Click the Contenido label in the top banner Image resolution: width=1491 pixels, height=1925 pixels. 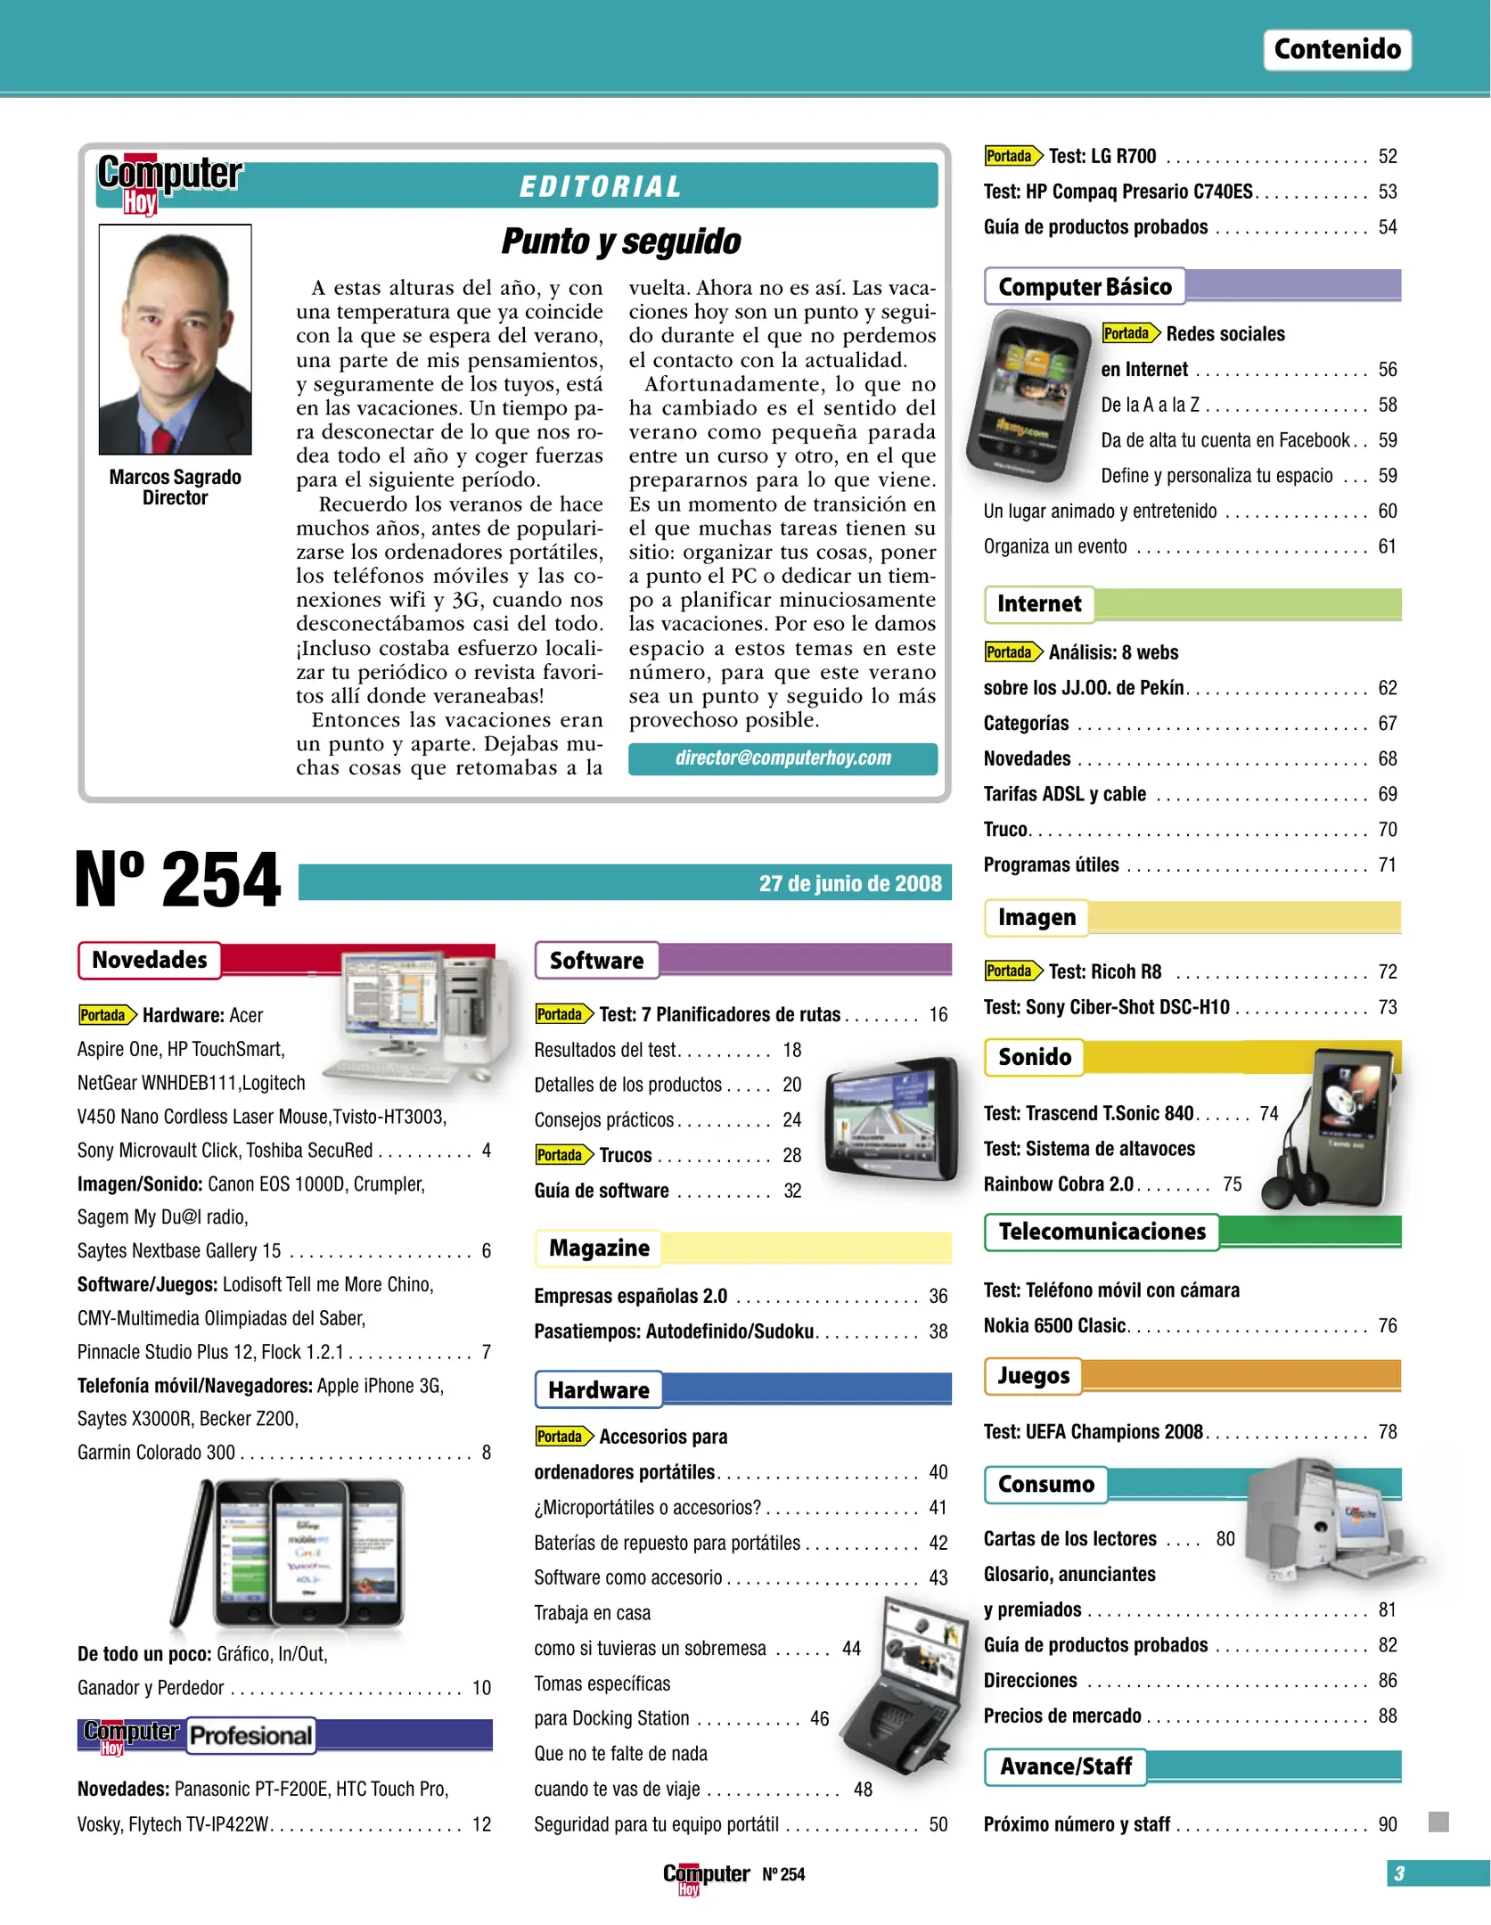tap(1336, 49)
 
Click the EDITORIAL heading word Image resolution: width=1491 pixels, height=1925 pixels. tap(601, 186)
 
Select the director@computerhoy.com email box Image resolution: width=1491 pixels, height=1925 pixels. tap(782, 758)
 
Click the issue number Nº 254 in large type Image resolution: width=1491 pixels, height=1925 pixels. tap(178, 880)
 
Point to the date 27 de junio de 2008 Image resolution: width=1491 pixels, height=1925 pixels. tap(849, 883)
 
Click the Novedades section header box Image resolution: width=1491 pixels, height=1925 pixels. tap(150, 960)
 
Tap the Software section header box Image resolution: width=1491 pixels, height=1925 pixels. tap(596, 960)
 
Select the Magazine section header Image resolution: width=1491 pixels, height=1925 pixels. tap(598, 1248)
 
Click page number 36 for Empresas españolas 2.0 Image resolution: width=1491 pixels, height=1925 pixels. tap(938, 1296)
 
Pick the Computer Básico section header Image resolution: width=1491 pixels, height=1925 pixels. tap(1084, 286)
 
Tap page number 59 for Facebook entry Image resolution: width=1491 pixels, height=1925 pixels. tap(1387, 440)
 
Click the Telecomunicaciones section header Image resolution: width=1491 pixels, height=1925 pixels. tap(1102, 1232)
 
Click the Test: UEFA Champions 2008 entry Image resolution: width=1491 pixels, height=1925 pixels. tap(1093, 1431)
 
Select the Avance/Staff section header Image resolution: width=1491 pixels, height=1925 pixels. tap(1065, 1766)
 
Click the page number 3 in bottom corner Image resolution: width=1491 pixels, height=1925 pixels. tap(1399, 1873)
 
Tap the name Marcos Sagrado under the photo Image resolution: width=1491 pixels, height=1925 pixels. tap(175, 477)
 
